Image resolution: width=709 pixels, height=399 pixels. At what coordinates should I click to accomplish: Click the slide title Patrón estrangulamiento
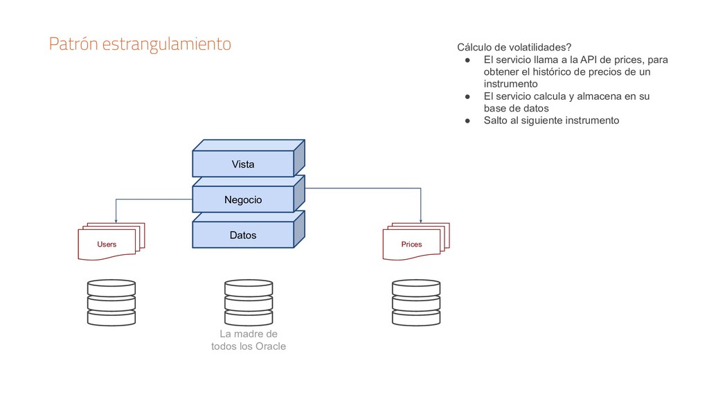139,44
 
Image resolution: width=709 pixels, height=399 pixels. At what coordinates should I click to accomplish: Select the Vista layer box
243,164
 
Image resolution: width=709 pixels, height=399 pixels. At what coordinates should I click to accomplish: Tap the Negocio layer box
243,200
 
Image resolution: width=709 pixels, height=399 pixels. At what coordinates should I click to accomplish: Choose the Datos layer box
243,236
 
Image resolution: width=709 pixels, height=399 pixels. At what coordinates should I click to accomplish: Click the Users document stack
109,242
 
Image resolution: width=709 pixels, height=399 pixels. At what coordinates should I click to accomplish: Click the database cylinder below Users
111,303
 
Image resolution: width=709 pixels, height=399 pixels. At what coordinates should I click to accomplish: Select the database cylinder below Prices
415,303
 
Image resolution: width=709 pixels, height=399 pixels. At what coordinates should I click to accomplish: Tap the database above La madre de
249,303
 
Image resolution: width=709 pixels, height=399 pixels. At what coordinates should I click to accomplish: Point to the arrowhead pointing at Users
116,219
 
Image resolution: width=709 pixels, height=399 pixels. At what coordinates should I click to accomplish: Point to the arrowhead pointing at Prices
421,219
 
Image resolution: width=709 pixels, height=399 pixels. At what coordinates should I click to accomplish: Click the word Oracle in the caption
269,346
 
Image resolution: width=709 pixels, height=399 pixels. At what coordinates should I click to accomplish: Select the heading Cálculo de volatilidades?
513,47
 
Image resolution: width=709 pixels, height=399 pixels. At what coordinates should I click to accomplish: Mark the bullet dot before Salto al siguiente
468,121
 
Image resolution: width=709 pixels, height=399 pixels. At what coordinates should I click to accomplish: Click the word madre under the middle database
249,334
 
